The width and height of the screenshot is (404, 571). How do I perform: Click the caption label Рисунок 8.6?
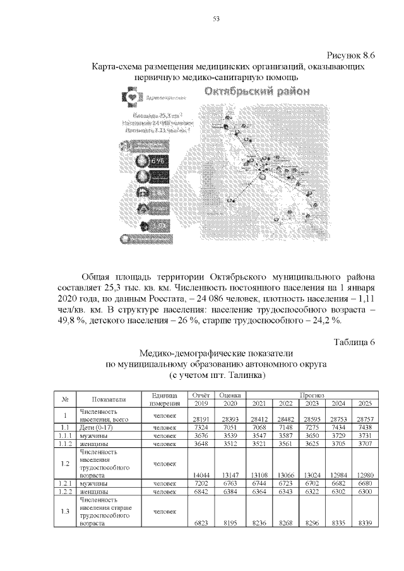pyautogui.click(x=350, y=54)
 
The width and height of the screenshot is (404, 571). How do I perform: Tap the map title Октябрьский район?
pyautogui.click(x=257, y=91)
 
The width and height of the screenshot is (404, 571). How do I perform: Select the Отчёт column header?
pyautogui.click(x=199, y=394)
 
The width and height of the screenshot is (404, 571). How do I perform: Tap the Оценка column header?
pyautogui.click(x=227, y=394)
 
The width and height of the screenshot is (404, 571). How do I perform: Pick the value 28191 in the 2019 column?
pyautogui.click(x=199, y=418)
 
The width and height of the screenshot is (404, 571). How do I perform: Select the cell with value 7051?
pyautogui.click(x=227, y=427)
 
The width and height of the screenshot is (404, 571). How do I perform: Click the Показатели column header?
pyautogui.click(x=109, y=399)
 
